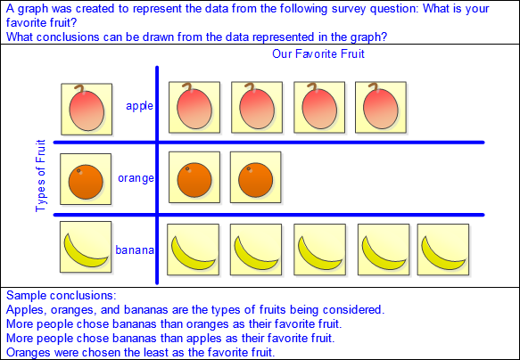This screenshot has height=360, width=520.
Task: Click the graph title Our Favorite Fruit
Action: click(x=318, y=53)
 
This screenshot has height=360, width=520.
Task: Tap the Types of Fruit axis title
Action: click(x=40, y=176)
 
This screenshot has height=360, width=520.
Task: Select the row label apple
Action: click(x=139, y=106)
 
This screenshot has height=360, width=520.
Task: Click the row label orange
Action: click(x=136, y=178)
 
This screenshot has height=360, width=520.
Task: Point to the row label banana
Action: click(x=135, y=250)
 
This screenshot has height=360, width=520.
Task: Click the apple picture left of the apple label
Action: click(x=87, y=110)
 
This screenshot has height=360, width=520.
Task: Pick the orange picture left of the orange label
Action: click(x=86, y=179)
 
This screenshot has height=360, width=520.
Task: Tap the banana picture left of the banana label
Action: click(x=86, y=247)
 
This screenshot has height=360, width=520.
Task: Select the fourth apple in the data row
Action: click(x=381, y=107)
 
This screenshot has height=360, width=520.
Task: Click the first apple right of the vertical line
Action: click(x=194, y=107)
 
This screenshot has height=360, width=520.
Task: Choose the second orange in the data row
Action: click(x=256, y=177)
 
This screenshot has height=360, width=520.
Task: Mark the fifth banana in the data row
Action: click(x=443, y=250)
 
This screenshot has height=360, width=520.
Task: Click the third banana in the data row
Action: click(x=319, y=250)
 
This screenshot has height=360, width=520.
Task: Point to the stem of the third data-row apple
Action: click(x=313, y=86)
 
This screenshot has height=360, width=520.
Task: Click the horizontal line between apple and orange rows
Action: click(x=269, y=143)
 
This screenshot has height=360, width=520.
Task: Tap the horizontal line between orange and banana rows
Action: click(x=269, y=215)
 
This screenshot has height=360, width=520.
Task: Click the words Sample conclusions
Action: click(x=62, y=295)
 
